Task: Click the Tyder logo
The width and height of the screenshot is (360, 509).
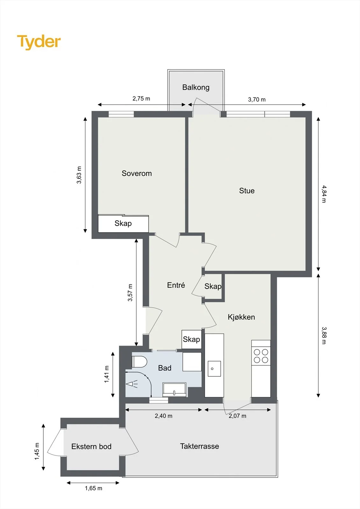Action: click(39, 42)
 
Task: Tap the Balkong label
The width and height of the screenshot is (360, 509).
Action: click(196, 87)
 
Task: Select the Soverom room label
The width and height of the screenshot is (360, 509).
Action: click(137, 173)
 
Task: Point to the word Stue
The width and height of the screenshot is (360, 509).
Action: click(247, 191)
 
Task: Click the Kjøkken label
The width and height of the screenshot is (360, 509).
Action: click(241, 317)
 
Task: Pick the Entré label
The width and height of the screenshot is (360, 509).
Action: click(176, 285)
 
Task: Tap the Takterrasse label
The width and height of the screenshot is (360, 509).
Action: click(200, 446)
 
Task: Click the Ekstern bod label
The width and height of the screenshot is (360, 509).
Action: click(91, 446)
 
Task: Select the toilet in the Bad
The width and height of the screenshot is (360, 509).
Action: click(139, 362)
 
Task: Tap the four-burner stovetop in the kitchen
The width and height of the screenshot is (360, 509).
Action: click(261, 356)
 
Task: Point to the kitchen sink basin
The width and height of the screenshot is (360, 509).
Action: click(214, 369)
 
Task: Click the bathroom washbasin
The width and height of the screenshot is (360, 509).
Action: click(174, 389)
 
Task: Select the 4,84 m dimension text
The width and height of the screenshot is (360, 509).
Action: click(324, 194)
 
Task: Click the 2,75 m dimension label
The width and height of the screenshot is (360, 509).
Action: click(141, 99)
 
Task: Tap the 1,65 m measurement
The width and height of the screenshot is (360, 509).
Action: click(94, 488)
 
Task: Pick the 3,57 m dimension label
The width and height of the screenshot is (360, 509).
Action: click(130, 292)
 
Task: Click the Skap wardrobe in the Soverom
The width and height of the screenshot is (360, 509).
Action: click(123, 224)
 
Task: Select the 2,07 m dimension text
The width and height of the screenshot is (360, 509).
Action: click(237, 416)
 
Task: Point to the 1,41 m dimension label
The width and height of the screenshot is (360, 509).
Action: click(107, 374)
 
